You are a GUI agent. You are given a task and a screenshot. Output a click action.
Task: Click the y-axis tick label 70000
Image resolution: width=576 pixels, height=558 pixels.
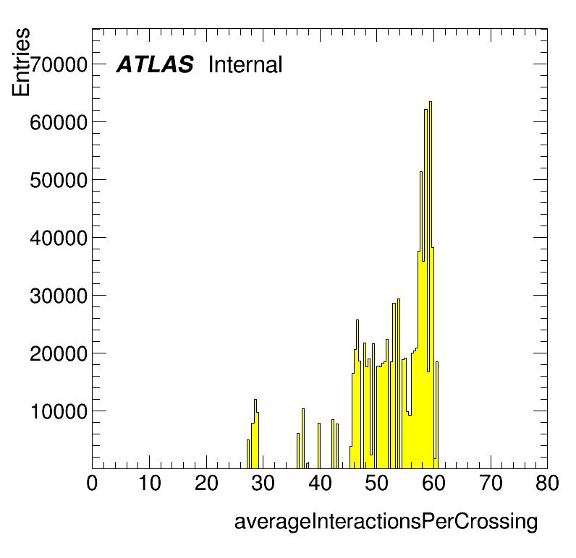click(59, 65)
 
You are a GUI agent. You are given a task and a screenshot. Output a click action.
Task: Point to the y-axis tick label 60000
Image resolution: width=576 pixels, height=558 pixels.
click(59, 123)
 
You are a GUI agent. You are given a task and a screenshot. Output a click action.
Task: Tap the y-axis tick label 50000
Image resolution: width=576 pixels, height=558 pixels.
click(59, 180)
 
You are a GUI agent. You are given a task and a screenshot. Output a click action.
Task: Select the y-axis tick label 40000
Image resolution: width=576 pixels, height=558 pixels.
click(59, 238)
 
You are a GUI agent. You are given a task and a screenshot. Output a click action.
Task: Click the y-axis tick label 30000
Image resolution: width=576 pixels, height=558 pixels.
click(59, 296)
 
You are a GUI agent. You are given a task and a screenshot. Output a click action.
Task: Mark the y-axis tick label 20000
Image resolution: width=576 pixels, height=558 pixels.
click(59, 353)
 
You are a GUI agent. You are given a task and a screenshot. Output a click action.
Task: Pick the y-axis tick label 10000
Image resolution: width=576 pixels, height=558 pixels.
click(59, 411)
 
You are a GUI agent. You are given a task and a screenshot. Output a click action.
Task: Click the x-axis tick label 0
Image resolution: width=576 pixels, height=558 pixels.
click(92, 483)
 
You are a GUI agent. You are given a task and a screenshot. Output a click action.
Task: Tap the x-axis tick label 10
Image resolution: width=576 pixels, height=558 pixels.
click(149, 483)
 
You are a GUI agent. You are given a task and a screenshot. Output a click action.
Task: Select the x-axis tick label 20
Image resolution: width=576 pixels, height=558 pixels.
click(206, 483)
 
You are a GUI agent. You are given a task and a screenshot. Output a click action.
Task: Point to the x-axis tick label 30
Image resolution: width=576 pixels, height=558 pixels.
click(263, 483)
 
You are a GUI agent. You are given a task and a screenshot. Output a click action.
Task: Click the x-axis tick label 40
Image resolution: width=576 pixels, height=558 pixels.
click(320, 483)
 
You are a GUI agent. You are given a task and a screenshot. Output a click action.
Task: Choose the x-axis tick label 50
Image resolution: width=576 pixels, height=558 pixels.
click(376, 483)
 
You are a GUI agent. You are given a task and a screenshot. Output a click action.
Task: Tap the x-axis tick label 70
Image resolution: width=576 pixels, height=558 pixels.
click(491, 483)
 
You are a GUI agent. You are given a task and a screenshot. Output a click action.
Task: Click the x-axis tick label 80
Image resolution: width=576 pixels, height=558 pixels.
click(547, 483)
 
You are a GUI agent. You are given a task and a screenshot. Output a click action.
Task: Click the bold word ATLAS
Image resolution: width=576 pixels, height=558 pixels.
click(155, 64)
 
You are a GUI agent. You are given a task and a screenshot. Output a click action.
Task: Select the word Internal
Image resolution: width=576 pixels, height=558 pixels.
click(245, 64)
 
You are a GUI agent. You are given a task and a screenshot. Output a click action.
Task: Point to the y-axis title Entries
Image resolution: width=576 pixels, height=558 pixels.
click(21, 62)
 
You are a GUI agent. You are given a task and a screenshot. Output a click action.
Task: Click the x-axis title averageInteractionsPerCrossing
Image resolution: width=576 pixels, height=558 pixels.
click(386, 522)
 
